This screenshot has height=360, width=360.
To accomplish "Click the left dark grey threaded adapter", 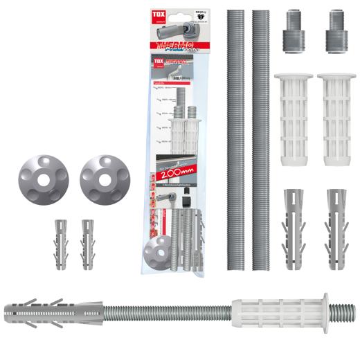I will pyautogui.click(x=292, y=31).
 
